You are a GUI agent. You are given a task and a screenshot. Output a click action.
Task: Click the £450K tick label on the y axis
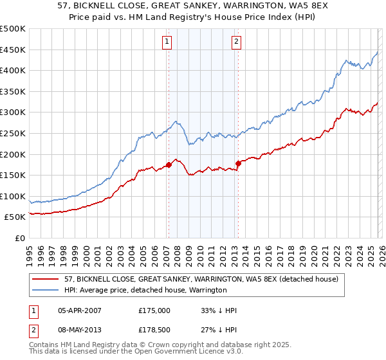point(13,50)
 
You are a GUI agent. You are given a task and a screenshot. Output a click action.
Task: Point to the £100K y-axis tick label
point(13,196)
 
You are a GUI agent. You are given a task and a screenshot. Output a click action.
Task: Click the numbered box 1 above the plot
point(167,42)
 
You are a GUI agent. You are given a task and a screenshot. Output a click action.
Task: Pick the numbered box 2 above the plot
point(236,42)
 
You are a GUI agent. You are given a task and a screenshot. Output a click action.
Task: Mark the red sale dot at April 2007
point(169,165)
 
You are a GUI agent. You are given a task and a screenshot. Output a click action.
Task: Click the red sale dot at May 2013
point(237,163)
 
